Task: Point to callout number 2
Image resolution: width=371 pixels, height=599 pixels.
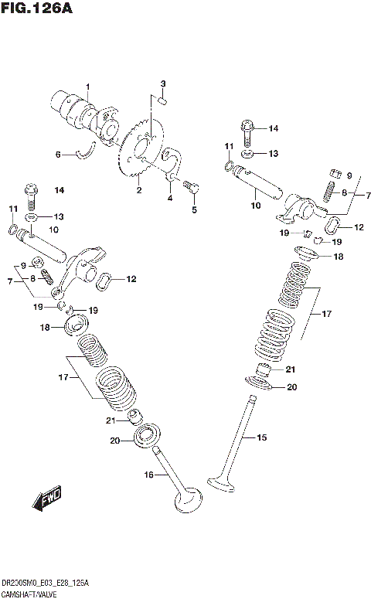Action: pos(138,190)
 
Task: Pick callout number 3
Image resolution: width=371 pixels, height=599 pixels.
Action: pos(163,83)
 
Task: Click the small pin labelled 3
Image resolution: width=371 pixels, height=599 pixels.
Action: pos(163,98)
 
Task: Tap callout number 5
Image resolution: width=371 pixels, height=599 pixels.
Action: pos(194,209)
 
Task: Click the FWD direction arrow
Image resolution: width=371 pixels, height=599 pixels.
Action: pos(46,499)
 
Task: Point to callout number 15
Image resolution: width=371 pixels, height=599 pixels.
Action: pos(260,437)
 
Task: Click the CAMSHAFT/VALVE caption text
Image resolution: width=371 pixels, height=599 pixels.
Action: pos(29,592)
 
